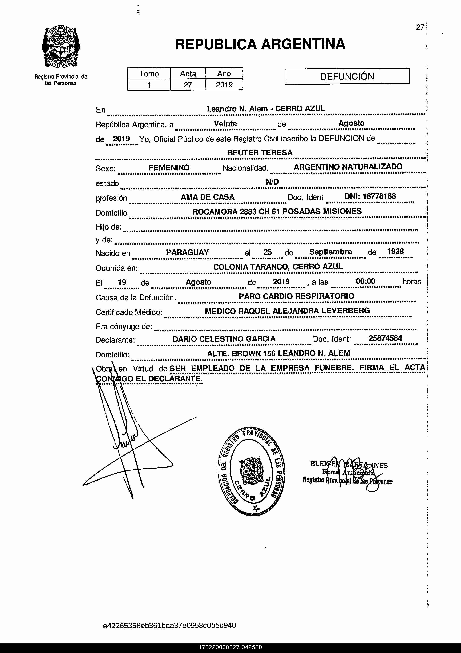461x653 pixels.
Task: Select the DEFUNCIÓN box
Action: pyautogui.click(x=347, y=76)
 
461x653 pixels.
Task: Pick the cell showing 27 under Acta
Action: pyautogui.click(x=188, y=85)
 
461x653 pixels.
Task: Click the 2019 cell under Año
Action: pyautogui.click(x=224, y=85)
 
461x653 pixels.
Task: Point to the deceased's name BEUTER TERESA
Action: pyautogui.click(x=260, y=153)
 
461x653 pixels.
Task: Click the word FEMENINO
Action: pyautogui.click(x=169, y=167)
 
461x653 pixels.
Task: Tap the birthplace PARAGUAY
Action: pyautogui.click(x=187, y=252)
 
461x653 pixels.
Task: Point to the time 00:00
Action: pyautogui.click(x=366, y=281)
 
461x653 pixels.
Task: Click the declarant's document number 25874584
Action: pyautogui.click(x=385, y=338)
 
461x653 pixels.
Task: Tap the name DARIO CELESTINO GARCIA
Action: pyautogui.click(x=224, y=339)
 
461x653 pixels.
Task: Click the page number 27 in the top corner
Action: pyautogui.click(x=420, y=27)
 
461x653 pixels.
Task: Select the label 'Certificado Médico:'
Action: pyautogui.click(x=129, y=312)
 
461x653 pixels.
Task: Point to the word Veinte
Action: pyautogui.click(x=225, y=124)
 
